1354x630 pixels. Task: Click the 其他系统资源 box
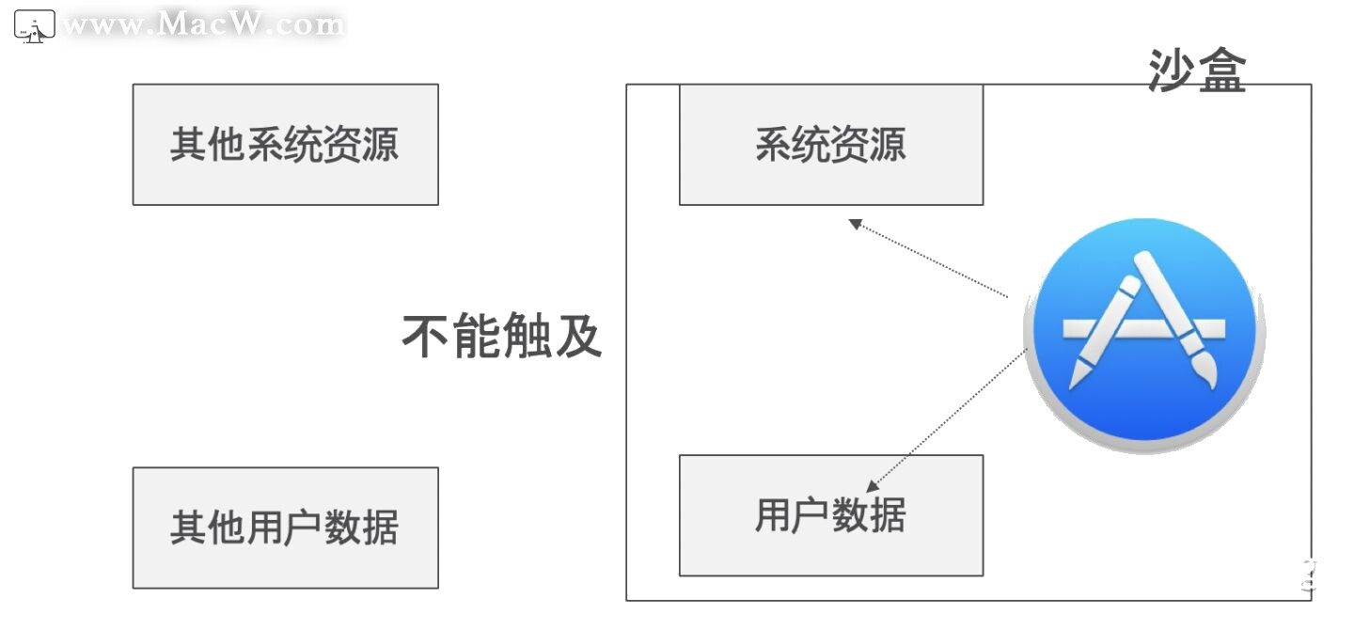coord(285,145)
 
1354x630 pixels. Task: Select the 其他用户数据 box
coord(285,528)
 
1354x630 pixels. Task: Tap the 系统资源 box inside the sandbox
coord(830,145)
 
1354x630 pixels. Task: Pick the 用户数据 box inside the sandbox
coord(830,515)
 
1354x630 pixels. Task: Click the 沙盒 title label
coord(1196,71)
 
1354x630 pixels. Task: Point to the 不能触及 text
coord(502,336)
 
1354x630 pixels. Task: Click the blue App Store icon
coord(1143,335)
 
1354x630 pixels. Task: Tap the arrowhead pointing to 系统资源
coord(855,224)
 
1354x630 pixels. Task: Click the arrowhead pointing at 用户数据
coord(873,486)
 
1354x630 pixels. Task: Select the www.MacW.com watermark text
coord(203,25)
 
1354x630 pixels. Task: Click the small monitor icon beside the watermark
coord(35,26)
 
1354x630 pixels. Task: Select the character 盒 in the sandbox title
coord(1221,71)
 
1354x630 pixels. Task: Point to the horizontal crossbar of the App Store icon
coord(1143,328)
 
